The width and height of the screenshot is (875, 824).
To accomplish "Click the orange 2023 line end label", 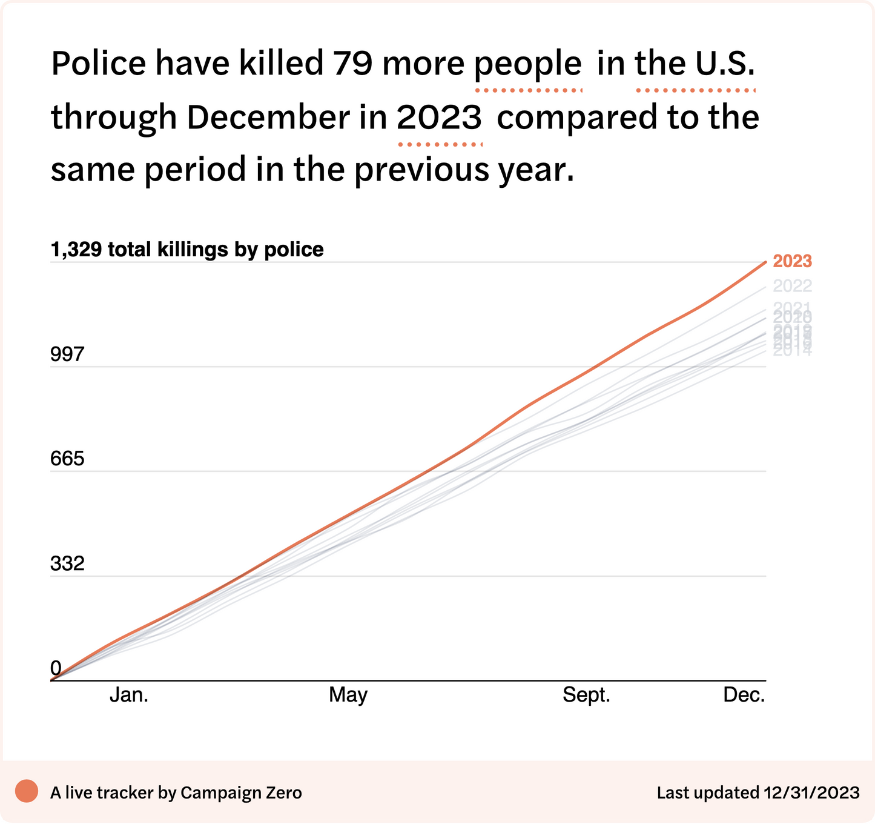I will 792,261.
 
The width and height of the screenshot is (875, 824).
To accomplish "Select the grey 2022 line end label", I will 792,286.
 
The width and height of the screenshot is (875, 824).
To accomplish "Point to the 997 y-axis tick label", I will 67,354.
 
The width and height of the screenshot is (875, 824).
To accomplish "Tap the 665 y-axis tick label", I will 67,459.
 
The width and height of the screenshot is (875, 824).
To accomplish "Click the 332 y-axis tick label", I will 67,564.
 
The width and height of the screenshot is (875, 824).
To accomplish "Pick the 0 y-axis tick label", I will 56,668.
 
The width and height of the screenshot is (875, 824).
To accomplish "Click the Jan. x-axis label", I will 129,695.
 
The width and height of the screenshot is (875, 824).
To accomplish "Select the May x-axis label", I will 348,695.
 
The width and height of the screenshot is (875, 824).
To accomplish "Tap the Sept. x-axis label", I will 586,695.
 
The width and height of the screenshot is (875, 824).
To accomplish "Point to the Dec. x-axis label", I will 744,695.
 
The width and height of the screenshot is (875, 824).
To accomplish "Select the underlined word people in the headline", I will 528,64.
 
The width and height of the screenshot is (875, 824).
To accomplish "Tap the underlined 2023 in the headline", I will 440,117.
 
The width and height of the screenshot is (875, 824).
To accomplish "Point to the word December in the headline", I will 268,117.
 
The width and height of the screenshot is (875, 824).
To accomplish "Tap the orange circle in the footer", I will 27,791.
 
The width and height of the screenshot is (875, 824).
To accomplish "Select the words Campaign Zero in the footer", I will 241,792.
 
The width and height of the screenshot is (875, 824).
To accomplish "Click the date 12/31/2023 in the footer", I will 811,792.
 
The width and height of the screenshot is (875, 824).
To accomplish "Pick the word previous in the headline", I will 422,170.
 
